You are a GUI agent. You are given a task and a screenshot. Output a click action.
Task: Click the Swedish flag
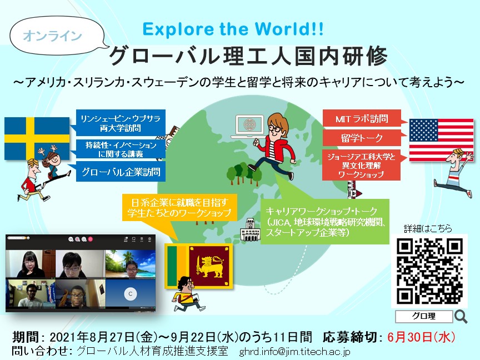tap(37, 138)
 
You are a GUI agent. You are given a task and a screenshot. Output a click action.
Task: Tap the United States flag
tap(441, 140)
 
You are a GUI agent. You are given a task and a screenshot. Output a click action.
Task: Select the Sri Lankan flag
tap(199, 266)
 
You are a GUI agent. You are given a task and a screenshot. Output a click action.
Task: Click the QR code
tap(429, 271)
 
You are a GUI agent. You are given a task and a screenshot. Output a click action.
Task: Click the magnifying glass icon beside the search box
tap(461, 317)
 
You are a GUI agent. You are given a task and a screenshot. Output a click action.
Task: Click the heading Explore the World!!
tap(233, 29)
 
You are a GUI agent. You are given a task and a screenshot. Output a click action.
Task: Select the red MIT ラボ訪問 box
tap(362, 118)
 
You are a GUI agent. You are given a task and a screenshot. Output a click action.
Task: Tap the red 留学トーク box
tap(362, 138)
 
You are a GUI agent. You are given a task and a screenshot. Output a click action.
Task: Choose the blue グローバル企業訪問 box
tap(121, 172)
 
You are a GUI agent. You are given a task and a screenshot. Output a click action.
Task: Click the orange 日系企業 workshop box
tap(179, 207)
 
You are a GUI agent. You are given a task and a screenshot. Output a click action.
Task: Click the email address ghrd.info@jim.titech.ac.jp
tap(294, 352)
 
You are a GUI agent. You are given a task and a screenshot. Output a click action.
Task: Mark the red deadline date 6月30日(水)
tap(421, 337)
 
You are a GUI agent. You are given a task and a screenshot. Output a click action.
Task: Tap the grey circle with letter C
tap(130, 294)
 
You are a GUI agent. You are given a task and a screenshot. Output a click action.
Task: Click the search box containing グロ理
tap(424, 316)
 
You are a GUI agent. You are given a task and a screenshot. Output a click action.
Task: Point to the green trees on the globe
tap(244, 174)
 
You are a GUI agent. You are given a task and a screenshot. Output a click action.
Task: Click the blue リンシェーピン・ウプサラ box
tap(121, 123)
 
